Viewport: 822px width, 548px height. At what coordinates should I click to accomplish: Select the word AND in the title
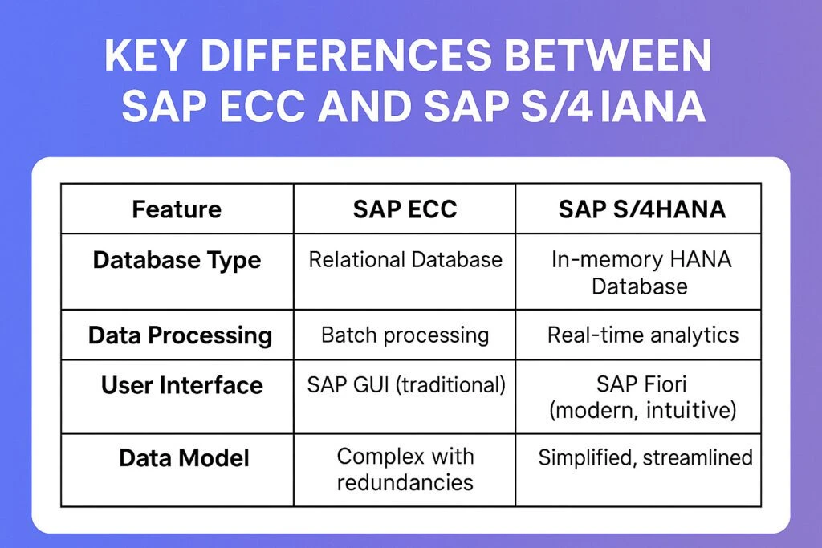[x=369, y=106]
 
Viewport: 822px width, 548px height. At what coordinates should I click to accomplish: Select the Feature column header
[x=177, y=209]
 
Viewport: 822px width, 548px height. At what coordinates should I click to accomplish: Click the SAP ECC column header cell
[x=405, y=209]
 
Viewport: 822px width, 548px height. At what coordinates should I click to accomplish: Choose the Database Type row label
[x=177, y=260]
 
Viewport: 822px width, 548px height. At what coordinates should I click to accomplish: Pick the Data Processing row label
[x=180, y=335]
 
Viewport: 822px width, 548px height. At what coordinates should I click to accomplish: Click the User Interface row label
[x=181, y=385]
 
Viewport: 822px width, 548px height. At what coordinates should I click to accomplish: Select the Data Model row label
[x=184, y=458]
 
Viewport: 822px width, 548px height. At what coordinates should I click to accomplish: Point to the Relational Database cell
[x=405, y=260]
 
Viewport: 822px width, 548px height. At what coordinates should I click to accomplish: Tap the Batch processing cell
[x=405, y=335]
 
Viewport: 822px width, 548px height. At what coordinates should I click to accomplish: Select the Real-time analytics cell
[x=642, y=335]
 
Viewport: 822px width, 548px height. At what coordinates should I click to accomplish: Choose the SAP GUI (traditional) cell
[x=406, y=385]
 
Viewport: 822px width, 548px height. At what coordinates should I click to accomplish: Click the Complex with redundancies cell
[x=405, y=469]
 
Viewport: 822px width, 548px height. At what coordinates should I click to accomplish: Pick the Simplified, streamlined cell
[x=645, y=458]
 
